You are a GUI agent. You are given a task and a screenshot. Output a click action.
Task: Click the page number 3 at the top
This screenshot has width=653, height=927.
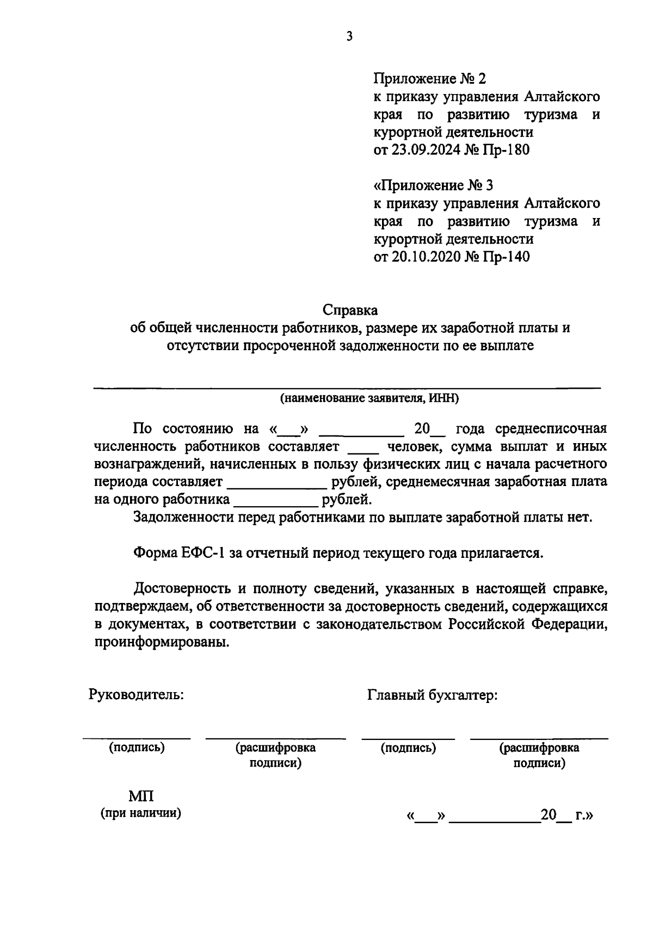click(349, 36)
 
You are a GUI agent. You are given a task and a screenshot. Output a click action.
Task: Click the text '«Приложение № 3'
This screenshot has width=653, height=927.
click(433, 185)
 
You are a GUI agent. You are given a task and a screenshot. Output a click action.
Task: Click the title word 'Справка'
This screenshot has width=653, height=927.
click(350, 310)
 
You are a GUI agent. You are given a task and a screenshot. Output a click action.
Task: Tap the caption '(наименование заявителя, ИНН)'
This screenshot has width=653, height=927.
click(369, 399)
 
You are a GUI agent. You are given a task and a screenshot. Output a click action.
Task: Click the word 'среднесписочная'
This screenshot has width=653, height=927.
click(551, 428)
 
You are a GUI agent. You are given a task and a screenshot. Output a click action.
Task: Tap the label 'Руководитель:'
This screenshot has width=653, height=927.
click(136, 694)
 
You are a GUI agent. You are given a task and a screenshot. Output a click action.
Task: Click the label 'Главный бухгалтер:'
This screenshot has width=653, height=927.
click(433, 694)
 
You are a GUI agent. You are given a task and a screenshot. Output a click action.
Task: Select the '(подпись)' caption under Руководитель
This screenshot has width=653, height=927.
click(137, 748)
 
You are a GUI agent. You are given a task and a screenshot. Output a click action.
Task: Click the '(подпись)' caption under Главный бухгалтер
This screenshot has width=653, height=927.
click(408, 748)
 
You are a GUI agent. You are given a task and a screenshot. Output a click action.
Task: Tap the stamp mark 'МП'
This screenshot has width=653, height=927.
click(141, 797)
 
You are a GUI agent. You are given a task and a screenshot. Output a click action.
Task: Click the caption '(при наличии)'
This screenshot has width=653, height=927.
click(140, 814)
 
